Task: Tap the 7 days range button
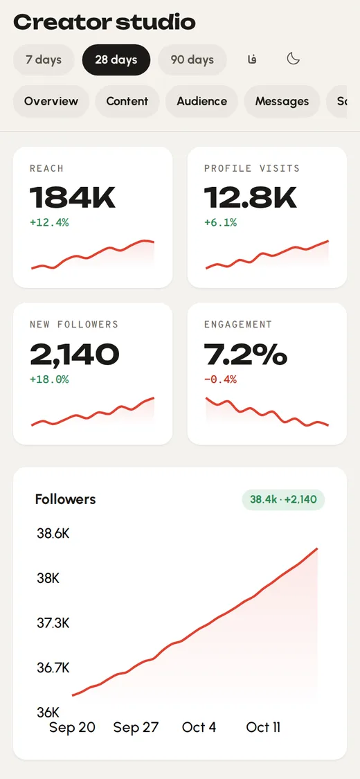click(x=44, y=60)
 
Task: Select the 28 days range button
click(x=116, y=60)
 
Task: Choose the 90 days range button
click(x=192, y=60)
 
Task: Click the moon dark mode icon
click(x=294, y=59)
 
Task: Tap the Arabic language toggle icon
click(x=252, y=60)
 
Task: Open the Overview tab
click(x=51, y=101)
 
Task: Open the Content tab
click(x=127, y=101)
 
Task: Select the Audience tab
click(x=201, y=101)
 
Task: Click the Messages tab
click(x=282, y=101)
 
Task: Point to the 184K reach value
click(x=73, y=197)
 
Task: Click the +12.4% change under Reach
click(x=49, y=222)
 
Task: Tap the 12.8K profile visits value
click(x=250, y=197)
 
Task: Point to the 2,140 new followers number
click(x=75, y=355)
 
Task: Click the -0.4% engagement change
click(x=220, y=379)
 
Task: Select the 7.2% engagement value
click(x=246, y=355)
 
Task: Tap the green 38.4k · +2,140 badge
click(x=283, y=499)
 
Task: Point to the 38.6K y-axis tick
click(x=53, y=534)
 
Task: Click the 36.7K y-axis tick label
click(x=53, y=668)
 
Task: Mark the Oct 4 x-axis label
click(x=199, y=727)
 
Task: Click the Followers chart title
click(x=66, y=499)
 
